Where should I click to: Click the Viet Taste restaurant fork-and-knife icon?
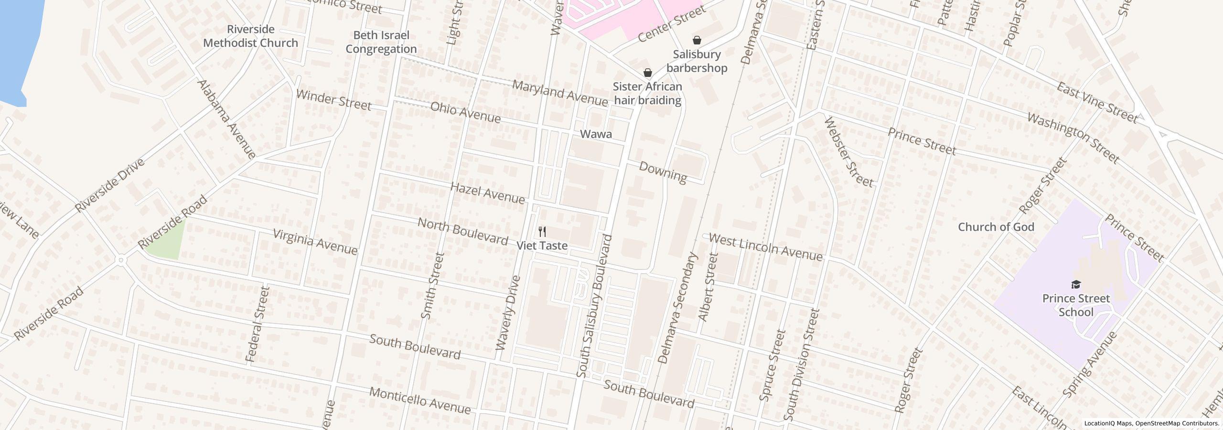pos(542,232)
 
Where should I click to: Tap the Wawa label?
pos(596,134)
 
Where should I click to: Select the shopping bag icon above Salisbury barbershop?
pos(697,40)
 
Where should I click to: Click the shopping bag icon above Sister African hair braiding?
pos(647,73)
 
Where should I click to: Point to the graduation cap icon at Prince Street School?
pos(1076,285)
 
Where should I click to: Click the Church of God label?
pos(996,227)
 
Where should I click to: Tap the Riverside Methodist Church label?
pos(250,36)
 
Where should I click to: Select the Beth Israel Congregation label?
pos(381,42)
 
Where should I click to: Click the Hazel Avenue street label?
pos(487,193)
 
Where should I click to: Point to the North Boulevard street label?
pos(462,232)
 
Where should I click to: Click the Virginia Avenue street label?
pos(315,242)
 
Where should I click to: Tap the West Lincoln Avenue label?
pos(765,247)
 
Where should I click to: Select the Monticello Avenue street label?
pos(420,400)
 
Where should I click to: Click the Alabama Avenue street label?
pos(227,119)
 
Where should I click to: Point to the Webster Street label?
pos(848,152)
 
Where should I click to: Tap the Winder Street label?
pos(333,100)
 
